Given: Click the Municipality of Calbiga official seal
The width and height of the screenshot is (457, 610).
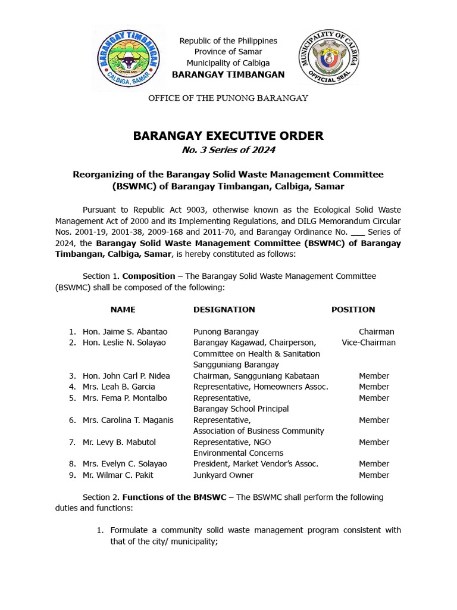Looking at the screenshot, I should (328, 58).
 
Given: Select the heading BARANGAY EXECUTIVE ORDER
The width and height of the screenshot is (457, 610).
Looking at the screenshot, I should (228, 136).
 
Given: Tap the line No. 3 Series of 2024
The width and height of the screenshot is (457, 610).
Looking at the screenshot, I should (228, 150).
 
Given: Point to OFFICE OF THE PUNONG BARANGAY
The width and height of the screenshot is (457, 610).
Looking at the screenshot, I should (228, 98).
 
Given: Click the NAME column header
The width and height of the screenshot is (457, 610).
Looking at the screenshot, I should (123, 310).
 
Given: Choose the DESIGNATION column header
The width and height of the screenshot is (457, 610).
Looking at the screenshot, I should (224, 310).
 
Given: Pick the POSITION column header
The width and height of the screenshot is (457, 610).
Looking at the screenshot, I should (353, 310).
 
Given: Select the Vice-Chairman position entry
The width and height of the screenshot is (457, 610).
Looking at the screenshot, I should (368, 343).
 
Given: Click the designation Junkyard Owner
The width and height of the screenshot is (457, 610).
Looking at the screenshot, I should (223, 475).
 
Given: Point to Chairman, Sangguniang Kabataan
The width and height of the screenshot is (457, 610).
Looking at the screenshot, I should (256, 376).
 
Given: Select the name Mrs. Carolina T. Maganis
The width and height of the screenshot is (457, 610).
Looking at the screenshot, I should (128, 420).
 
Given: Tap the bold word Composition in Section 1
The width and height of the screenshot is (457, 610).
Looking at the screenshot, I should (148, 276).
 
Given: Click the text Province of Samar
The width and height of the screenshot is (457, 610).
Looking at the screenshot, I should (228, 52).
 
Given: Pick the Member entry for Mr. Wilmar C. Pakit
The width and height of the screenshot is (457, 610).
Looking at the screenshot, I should (374, 475).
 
